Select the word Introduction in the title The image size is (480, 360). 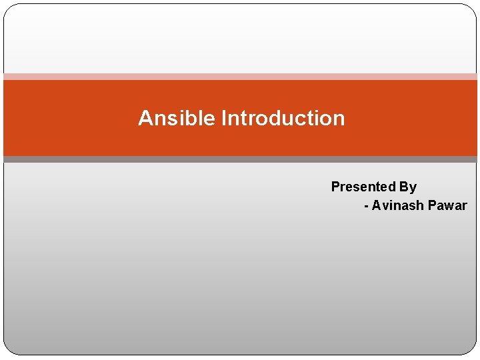[283, 118]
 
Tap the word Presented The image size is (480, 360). [363, 187]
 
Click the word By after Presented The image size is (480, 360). [408, 187]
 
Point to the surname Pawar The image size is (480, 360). [447, 205]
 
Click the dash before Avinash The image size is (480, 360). [366, 206]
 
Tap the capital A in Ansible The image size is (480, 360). [145, 118]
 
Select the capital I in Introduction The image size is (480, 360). [224, 118]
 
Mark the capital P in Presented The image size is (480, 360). [335, 187]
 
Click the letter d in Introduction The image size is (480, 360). [273, 118]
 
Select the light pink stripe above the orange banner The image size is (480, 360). [240, 77]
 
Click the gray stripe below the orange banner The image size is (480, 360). [240, 159]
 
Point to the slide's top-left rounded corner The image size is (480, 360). [8, 9]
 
